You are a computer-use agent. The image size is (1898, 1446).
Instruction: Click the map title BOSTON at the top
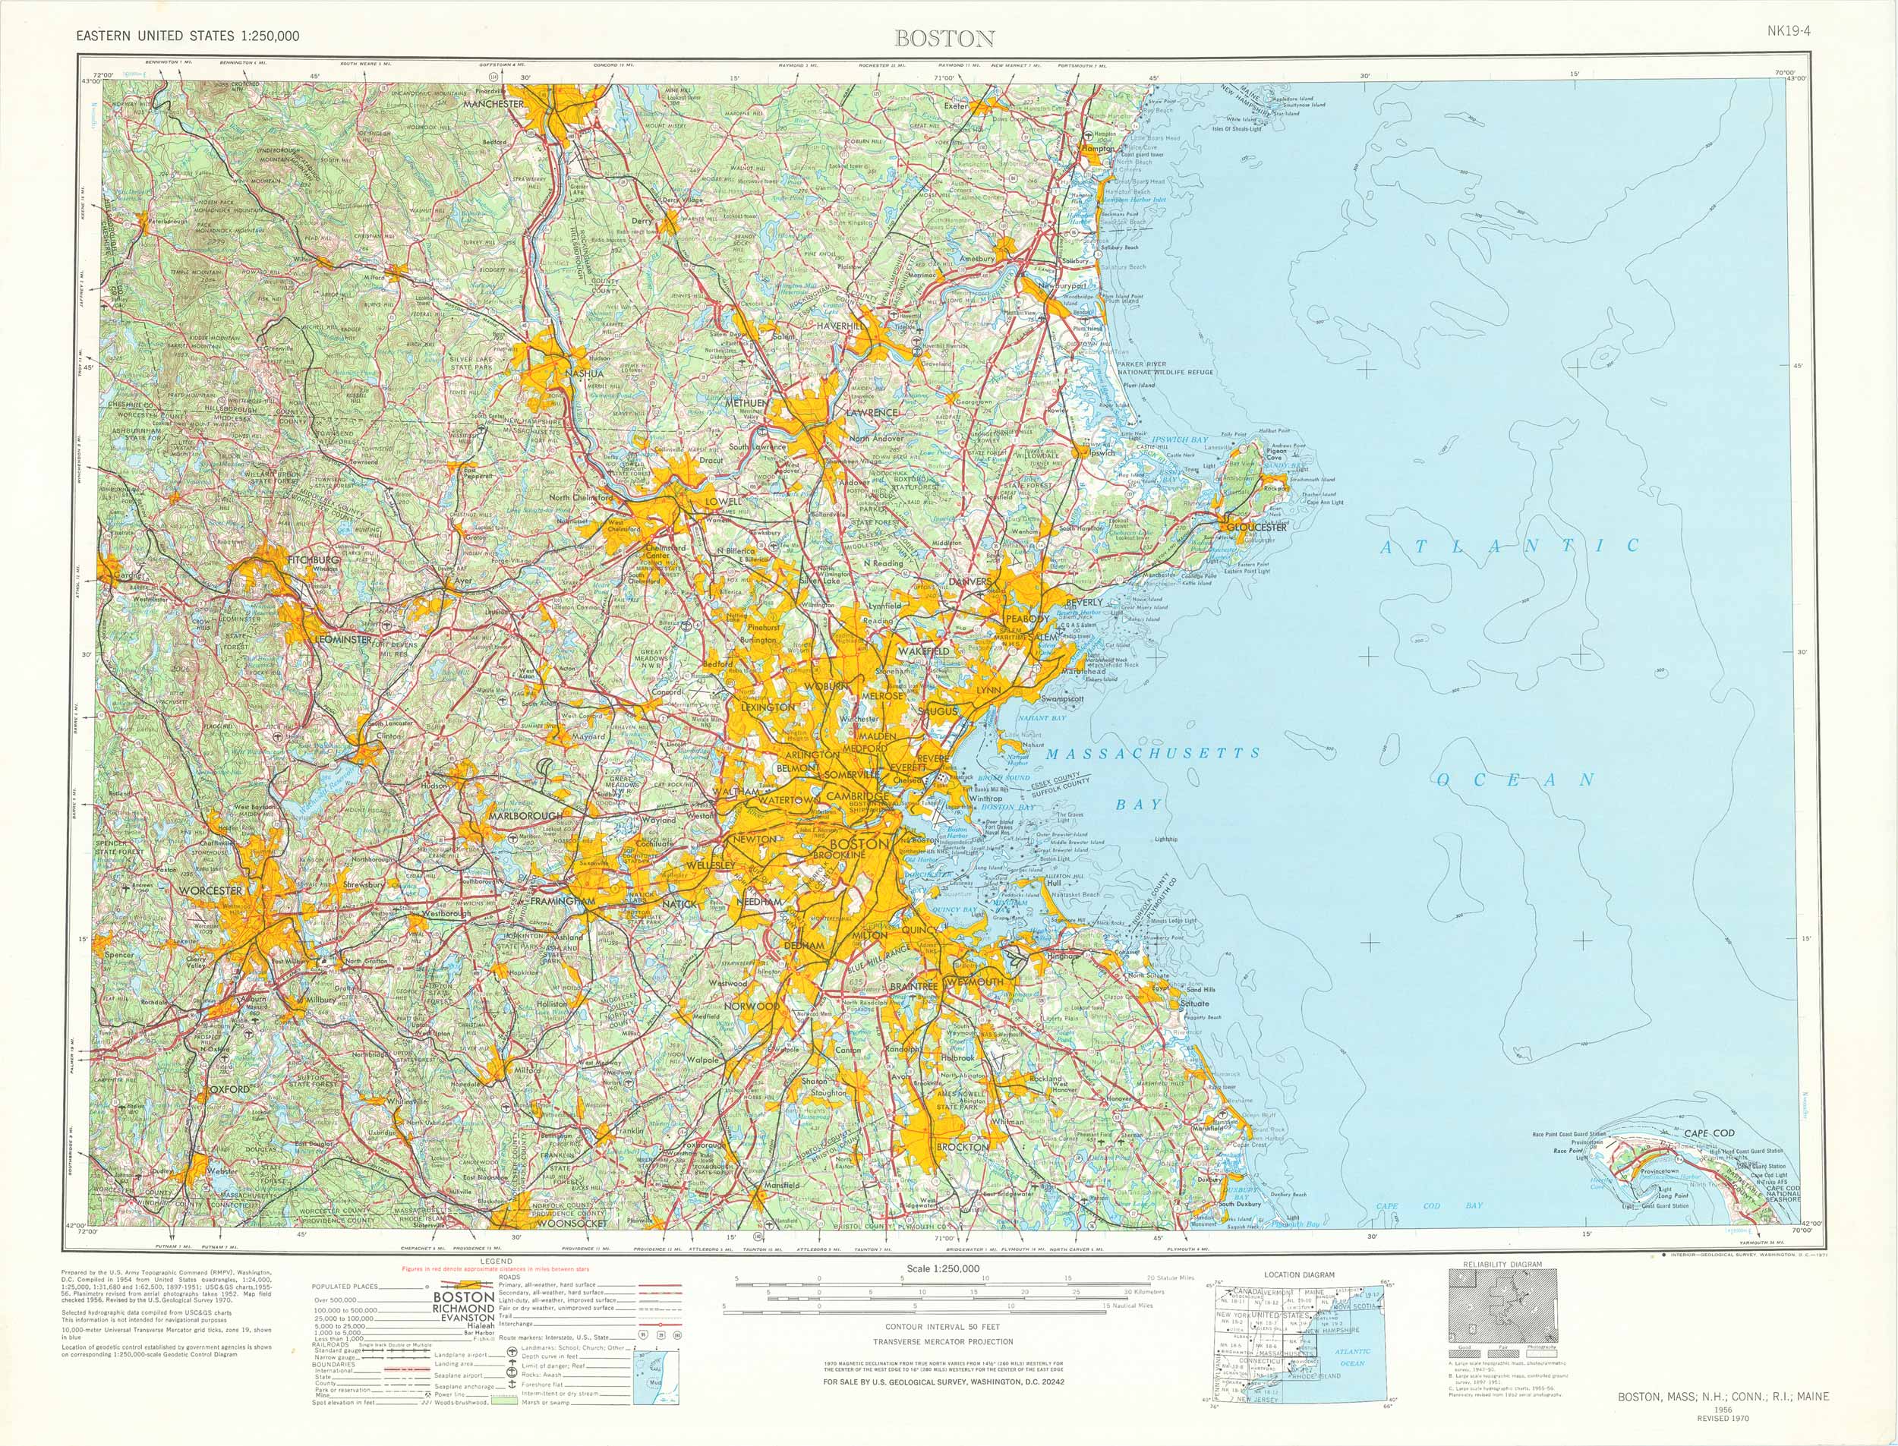(944, 38)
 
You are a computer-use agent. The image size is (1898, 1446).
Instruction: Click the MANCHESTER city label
(493, 103)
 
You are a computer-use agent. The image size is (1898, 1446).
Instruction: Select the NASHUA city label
(585, 373)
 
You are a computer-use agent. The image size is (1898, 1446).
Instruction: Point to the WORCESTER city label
(211, 889)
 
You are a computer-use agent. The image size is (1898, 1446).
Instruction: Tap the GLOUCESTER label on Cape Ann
(1256, 526)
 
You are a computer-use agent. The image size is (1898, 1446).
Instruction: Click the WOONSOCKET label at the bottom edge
(571, 1222)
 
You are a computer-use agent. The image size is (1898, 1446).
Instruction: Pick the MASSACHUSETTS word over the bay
(1152, 753)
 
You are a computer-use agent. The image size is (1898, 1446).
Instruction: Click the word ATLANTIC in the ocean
(1510, 546)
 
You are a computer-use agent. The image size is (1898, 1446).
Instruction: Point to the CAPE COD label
(1709, 1133)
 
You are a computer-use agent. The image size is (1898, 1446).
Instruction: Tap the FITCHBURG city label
(314, 559)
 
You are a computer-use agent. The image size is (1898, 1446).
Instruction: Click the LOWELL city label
(722, 501)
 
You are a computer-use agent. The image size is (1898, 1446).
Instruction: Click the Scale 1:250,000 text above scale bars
(942, 1268)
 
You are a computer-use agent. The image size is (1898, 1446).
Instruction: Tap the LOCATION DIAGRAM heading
(1299, 1274)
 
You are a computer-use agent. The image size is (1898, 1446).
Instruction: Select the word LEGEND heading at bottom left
(497, 1261)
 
